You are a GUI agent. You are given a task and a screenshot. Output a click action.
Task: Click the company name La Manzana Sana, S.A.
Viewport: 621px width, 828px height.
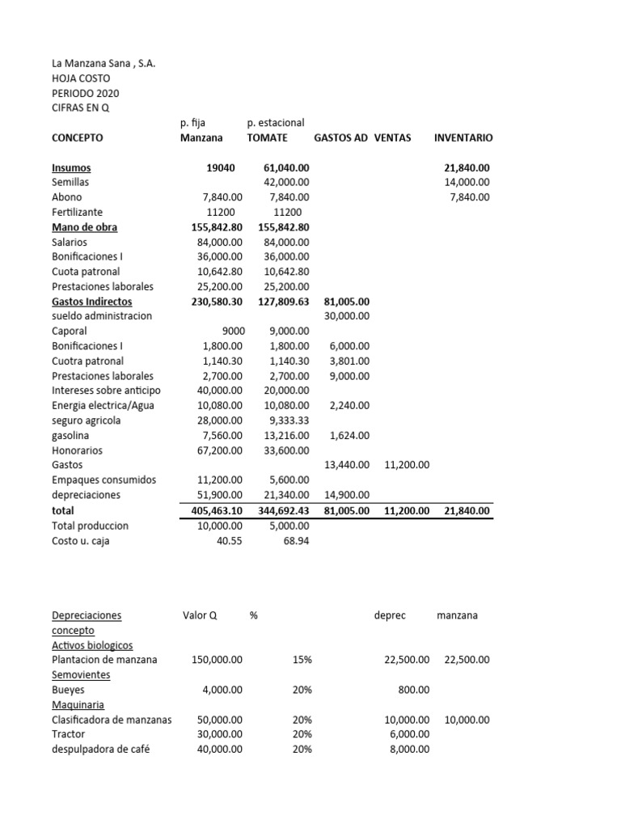pos(103,63)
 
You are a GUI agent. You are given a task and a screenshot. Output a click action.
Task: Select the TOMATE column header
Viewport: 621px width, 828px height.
pos(267,138)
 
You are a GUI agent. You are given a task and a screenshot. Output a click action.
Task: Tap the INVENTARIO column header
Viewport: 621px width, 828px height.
pos(463,138)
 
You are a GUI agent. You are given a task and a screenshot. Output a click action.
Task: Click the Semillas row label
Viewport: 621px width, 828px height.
pos(70,183)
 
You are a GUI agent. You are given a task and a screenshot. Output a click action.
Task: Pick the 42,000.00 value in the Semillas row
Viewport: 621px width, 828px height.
pos(287,183)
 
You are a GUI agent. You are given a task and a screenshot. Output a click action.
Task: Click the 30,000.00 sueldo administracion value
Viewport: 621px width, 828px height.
pos(347,316)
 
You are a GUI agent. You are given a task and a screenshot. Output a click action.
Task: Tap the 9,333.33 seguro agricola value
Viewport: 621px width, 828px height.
pos(287,420)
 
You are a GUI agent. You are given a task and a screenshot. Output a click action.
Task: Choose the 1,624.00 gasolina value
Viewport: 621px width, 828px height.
pos(350,436)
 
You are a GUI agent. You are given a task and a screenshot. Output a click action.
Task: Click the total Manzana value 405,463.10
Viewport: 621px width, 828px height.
pos(213,511)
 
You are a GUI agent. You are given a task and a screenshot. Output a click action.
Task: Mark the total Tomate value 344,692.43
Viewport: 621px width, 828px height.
pos(281,511)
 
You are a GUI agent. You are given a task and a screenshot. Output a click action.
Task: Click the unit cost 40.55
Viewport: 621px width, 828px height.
pos(229,541)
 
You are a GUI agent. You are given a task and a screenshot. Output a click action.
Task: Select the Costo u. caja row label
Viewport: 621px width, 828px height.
pos(81,541)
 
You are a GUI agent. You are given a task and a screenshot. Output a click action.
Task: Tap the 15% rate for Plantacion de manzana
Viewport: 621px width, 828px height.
pos(302,660)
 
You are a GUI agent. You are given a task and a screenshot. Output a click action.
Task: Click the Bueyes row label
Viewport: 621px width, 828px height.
pos(68,690)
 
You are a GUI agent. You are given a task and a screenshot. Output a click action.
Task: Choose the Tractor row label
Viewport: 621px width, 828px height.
pos(68,734)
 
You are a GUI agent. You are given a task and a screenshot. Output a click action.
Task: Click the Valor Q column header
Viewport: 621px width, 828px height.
pos(201,615)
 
